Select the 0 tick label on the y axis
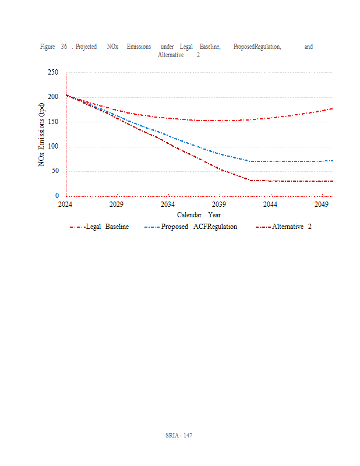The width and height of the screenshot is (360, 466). [57, 196]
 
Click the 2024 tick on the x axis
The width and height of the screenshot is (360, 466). [65, 205]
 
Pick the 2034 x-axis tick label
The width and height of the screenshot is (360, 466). [168, 205]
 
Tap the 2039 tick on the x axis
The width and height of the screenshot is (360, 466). [219, 205]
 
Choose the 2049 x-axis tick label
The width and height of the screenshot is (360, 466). [321, 205]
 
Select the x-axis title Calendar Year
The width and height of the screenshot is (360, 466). [199, 215]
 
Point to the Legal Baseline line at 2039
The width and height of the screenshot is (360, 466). [219, 121]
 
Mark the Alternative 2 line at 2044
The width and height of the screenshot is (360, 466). [270, 181]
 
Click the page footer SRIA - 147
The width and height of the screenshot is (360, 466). [179, 436]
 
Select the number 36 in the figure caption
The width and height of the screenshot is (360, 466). [64, 47]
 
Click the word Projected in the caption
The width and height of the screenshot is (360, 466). [86, 47]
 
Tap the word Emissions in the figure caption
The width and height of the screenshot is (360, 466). [139, 47]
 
